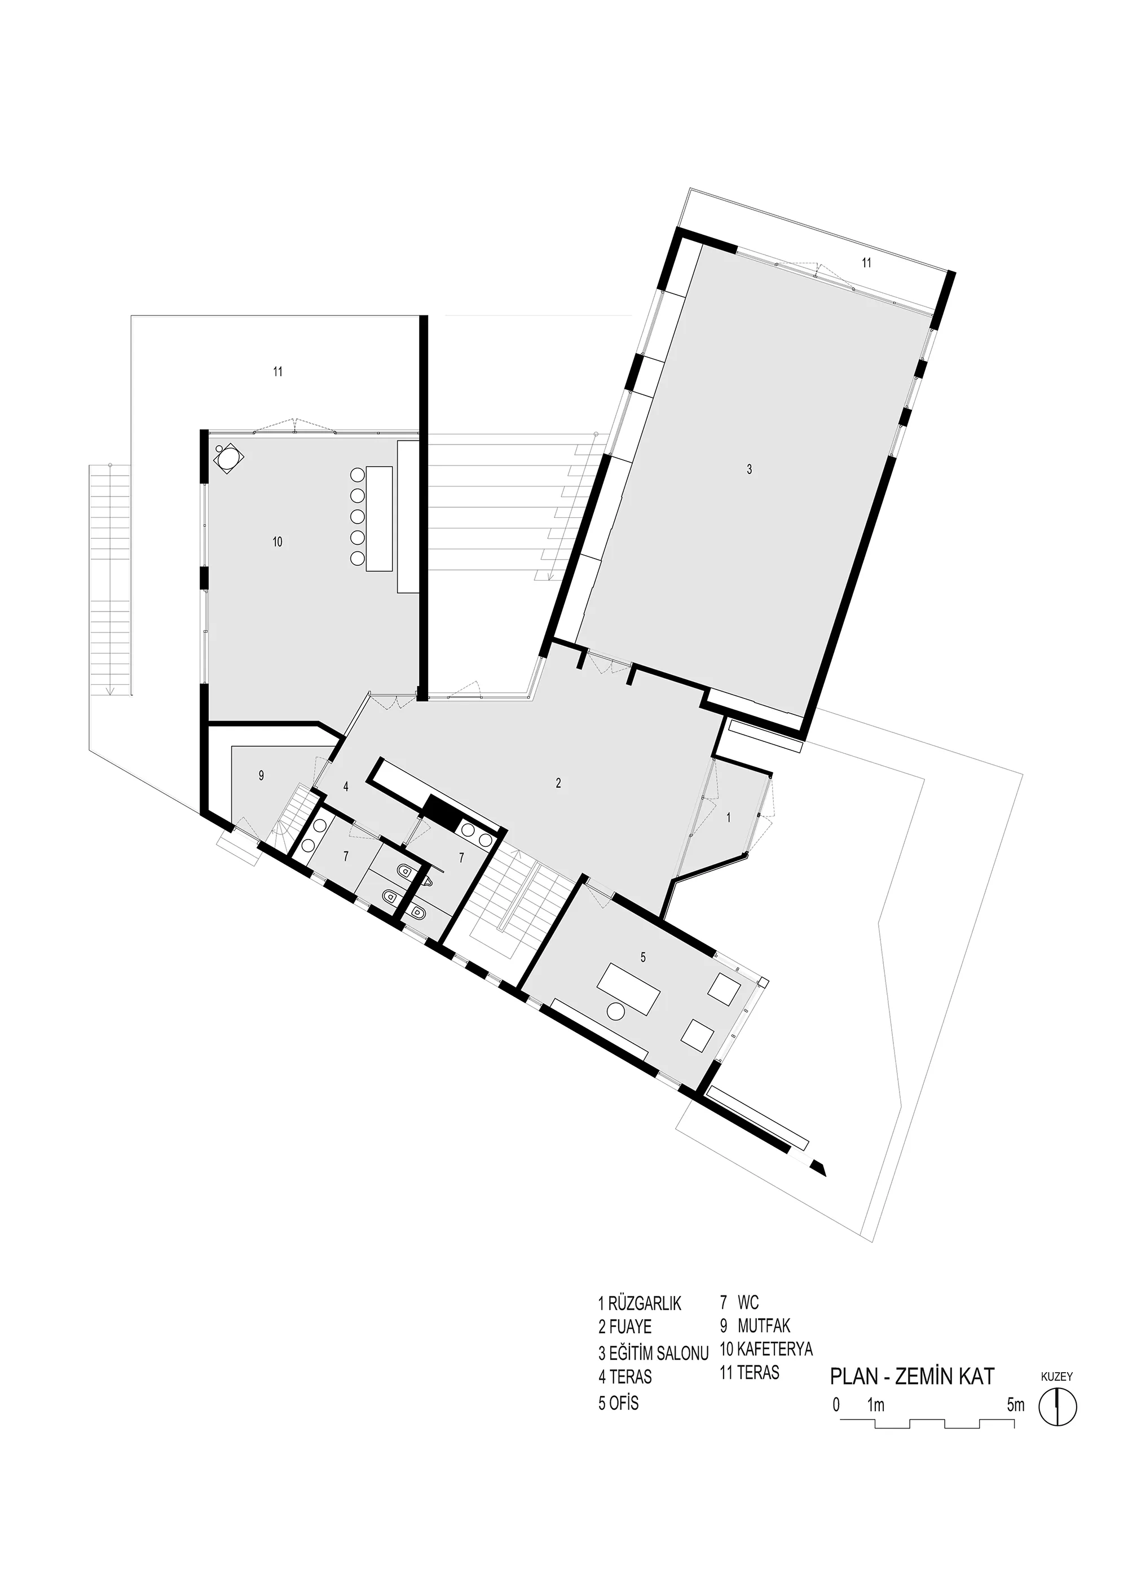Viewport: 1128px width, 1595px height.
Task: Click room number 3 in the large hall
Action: pos(749,469)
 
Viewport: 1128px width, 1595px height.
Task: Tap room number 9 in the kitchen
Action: pos(261,776)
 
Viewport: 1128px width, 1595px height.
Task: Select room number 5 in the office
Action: pos(643,957)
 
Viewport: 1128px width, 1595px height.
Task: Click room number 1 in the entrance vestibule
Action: pos(729,818)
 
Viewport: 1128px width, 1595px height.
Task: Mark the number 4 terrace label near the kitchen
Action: pos(345,787)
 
